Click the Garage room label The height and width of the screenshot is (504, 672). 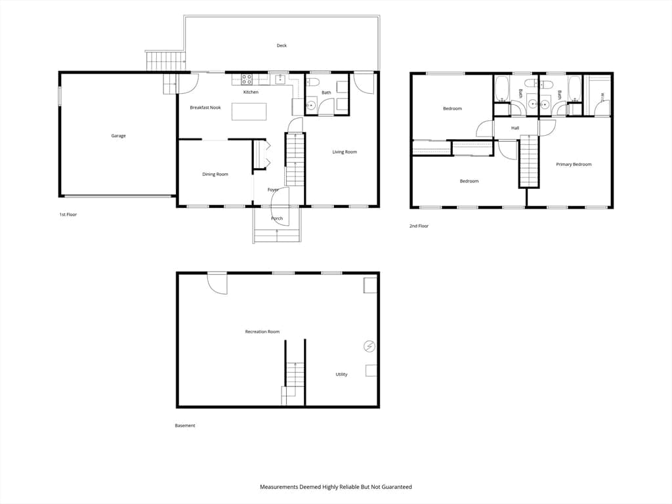click(118, 136)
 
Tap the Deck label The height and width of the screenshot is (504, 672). click(282, 45)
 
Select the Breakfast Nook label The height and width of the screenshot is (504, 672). click(205, 108)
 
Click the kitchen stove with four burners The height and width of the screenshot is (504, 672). click(247, 79)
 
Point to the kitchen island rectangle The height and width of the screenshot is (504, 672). click(249, 112)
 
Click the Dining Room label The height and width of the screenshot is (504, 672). click(215, 175)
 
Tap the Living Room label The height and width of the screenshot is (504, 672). click(345, 152)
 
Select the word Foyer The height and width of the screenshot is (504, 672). click(273, 190)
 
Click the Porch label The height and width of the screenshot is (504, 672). click(277, 219)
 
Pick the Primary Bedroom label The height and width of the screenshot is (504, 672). click(574, 164)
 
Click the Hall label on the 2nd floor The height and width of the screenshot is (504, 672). click(515, 128)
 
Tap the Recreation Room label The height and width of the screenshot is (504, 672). click(262, 331)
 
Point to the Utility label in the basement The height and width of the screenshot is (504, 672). click(341, 375)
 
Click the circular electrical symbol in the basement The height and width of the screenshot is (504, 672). click(369, 346)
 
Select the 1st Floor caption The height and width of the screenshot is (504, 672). click(68, 215)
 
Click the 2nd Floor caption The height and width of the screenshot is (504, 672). click(419, 226)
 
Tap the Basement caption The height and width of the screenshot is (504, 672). click(185, 425)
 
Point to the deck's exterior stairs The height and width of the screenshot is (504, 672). click(165, 60)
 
